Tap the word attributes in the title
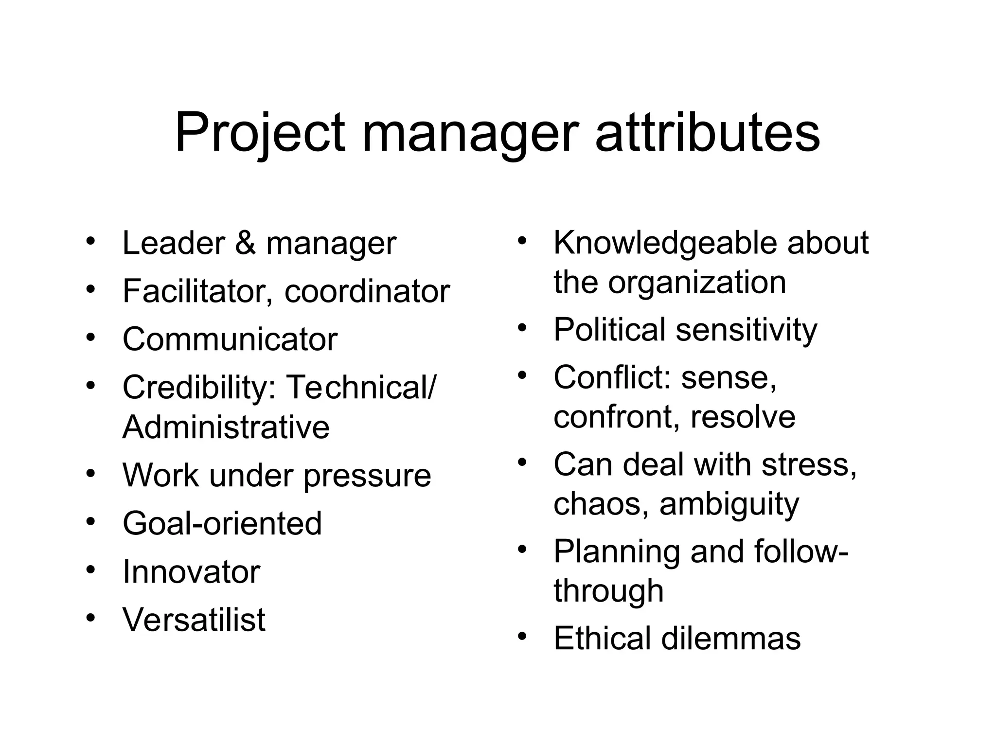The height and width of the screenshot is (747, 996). (x=708, y=132)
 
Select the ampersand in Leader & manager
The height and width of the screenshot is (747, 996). (x=246, y=243)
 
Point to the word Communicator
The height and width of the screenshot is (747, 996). (x=230, y=339)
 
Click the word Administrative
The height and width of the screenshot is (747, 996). (x=226, y=427)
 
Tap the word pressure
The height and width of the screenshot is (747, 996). (x=367, y=476)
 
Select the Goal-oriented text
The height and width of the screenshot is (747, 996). (x=222, y=523)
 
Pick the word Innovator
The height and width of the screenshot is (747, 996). (x=191, y=571)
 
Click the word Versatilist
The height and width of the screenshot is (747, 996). (x=194, y=620)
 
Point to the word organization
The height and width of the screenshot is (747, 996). (x=697, y=282)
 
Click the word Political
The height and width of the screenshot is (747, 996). (x=609, y=329)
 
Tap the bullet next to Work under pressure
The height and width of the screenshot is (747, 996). (x=91, y=473)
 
